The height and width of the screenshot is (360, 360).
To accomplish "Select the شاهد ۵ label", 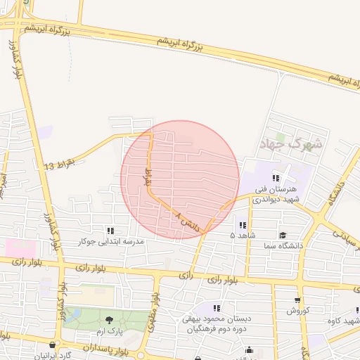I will (243, 235).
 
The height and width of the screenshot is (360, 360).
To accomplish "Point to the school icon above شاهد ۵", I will (243, 225).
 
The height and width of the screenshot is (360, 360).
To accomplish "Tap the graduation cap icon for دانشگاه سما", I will (283, 236).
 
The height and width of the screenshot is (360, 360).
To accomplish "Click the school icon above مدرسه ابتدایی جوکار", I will (110, 230).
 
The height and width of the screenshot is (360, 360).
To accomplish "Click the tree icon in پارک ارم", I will (108, 320).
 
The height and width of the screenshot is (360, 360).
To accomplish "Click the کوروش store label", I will (297, 310).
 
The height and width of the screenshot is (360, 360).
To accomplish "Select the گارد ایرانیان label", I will (52, 356).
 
